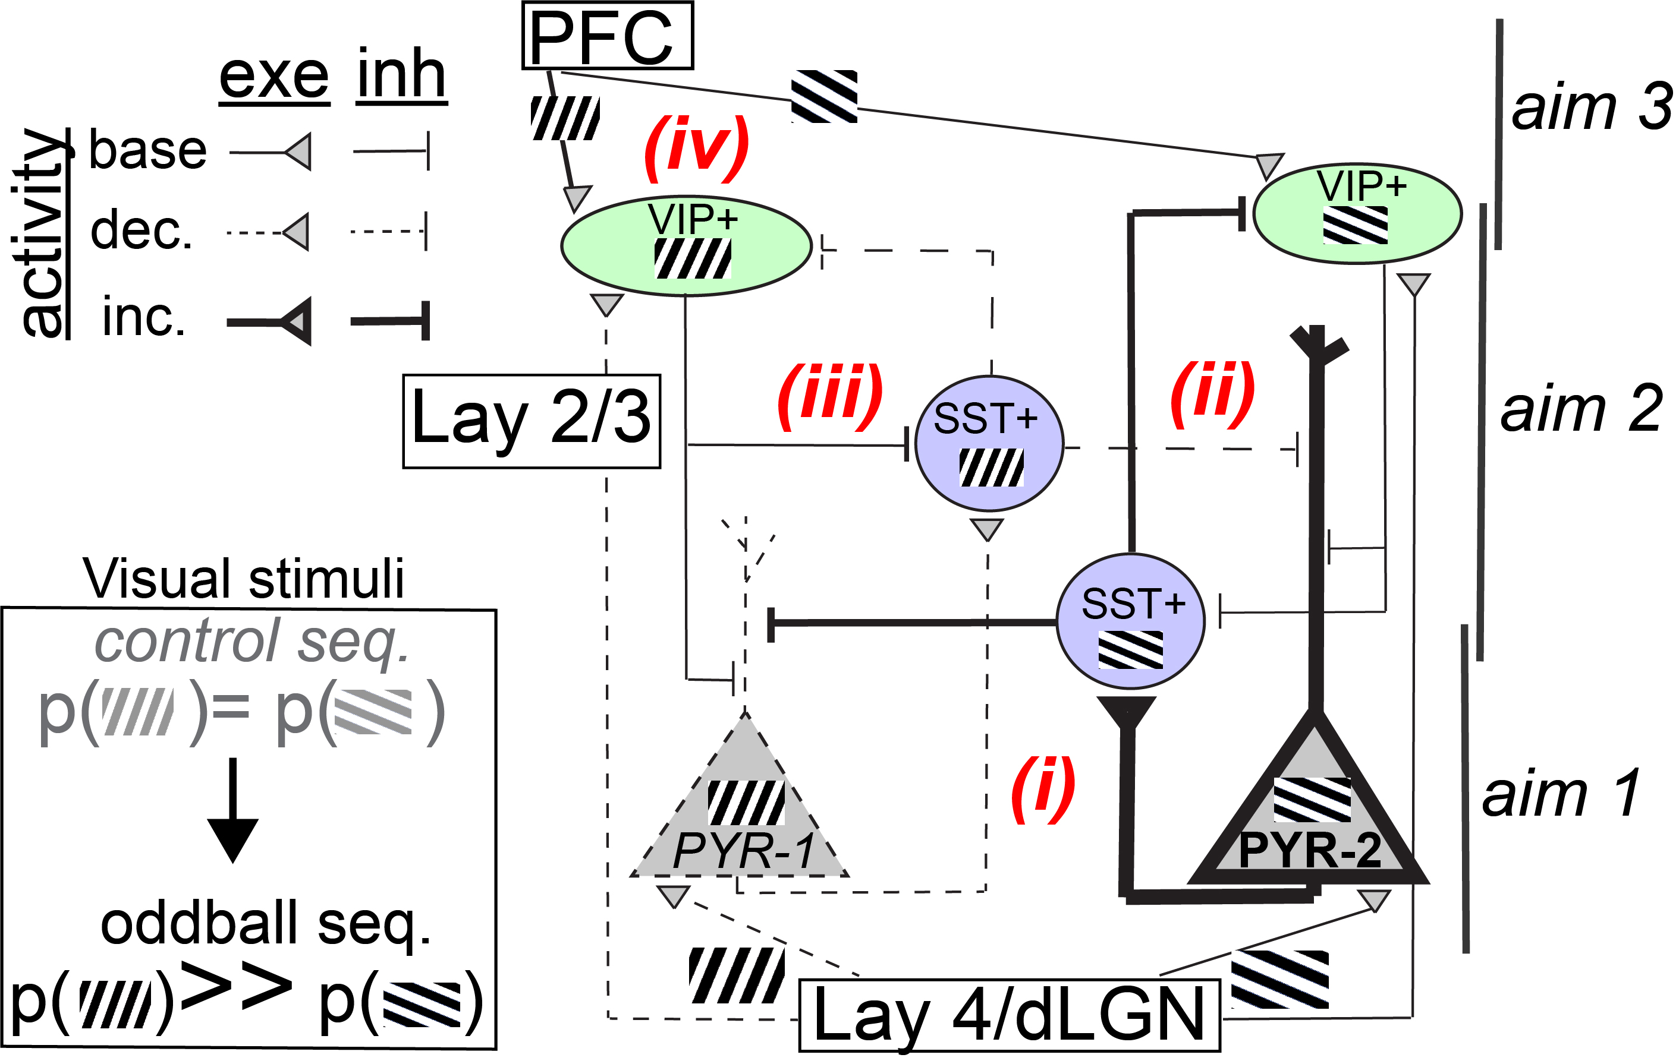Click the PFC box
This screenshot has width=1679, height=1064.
[607, 36]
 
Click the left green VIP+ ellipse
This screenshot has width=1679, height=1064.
[687, 245]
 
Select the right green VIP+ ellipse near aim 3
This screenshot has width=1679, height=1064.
[1357, 213]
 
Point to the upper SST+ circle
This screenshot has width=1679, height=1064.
[989, 443]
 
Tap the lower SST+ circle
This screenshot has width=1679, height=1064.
[1130, 621]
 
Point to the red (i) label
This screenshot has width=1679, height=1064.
[1043, 789]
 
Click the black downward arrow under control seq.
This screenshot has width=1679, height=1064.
[233, 812]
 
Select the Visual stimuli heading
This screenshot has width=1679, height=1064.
[243, 578]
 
